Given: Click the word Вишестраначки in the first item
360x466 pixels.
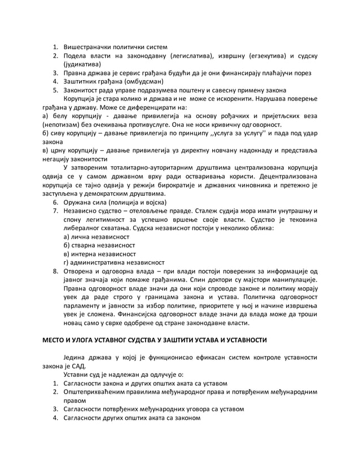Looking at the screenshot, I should (x=89, y=46).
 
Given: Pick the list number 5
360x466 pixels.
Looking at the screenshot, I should (x=56, y=91).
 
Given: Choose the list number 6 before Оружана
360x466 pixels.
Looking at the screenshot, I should (x=56, y=202).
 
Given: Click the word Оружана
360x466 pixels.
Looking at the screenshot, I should (x=79, y=202).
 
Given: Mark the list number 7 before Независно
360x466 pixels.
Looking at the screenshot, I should (x=56, y=211).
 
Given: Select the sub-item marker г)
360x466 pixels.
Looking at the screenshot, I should (x=67, y=263).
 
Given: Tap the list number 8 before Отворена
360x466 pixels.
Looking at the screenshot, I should (x=56, y=272).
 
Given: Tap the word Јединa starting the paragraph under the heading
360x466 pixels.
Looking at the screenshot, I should (x=77, y=357).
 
